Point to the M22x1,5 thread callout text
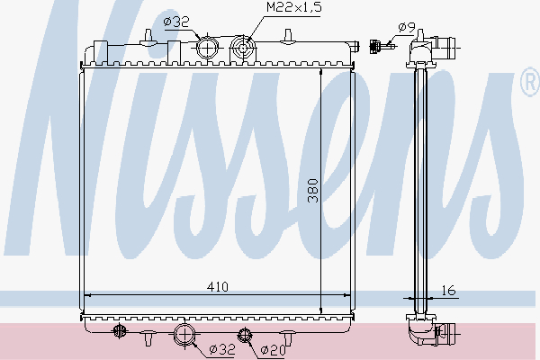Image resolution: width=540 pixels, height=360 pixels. coord(292,8)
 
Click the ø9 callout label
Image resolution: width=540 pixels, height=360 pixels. coord(407,29)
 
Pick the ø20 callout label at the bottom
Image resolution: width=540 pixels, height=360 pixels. coord(273,350)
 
